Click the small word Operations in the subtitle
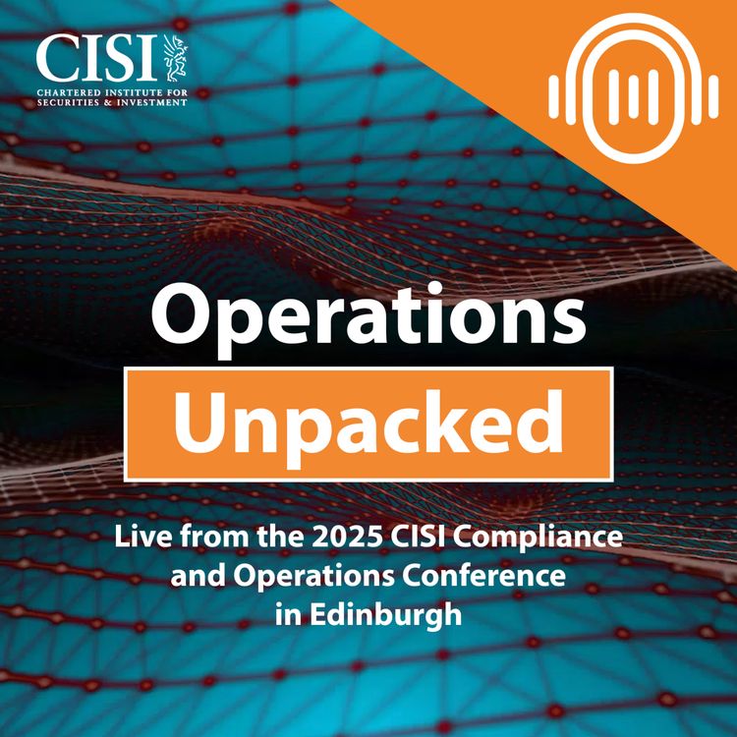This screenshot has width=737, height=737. pyautogui.click(x=302, y=574)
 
